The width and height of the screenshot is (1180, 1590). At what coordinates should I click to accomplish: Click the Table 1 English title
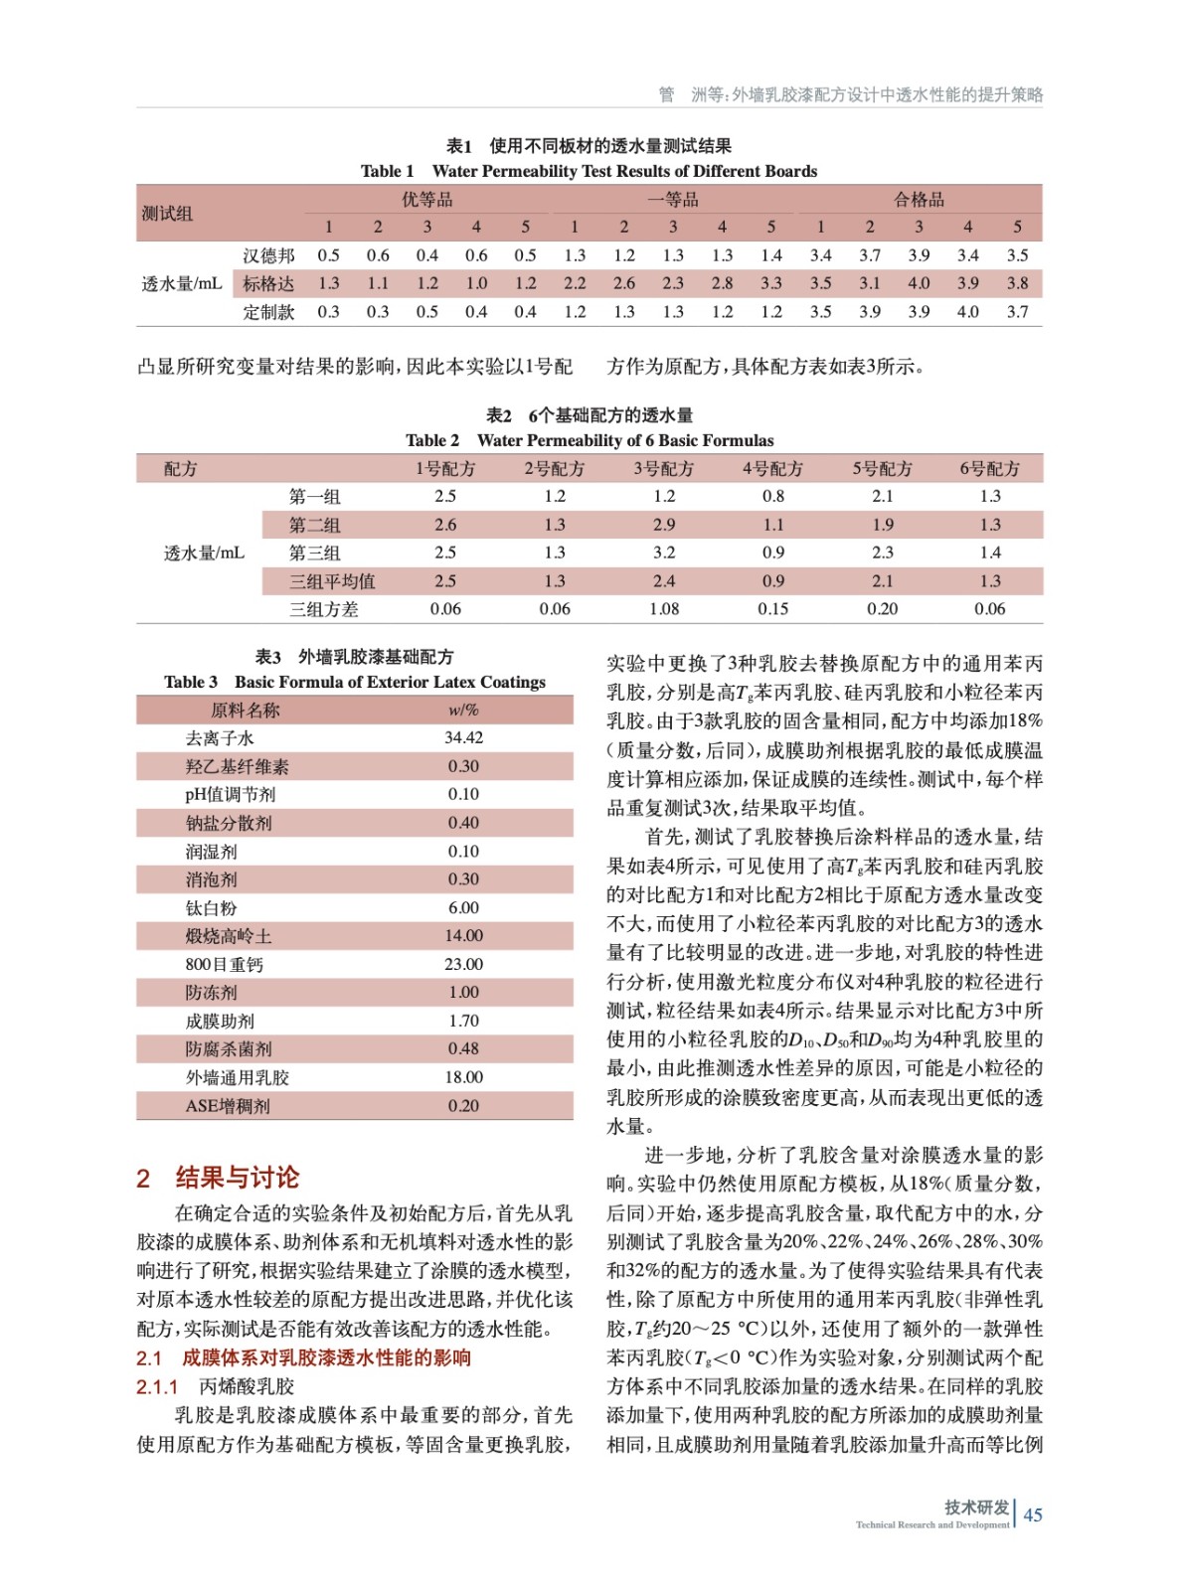pyautogui.click(x=589, y=171)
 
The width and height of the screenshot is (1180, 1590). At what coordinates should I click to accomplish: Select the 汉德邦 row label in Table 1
pyautogui.click(x=268, y=255)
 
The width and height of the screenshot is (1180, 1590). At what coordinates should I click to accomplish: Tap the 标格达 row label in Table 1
pyautogui.click(x=268, y=283)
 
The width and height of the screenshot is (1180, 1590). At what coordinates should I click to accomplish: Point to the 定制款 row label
pyautogui.click(x=268, y=312)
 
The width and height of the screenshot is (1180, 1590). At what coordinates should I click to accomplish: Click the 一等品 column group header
pyautogui.click(x=672, y=200)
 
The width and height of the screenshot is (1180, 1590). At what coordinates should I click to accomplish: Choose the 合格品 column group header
pyautogui.click(x=919, y=200)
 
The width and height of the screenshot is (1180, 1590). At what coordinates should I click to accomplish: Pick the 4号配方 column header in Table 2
pyautogui.click(x=772, y=468)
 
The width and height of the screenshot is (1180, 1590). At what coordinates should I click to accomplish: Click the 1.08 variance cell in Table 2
pyautogui.click(x=663, y=609)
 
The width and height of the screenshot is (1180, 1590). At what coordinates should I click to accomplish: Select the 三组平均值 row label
pyautogui.click(x=332, y=581)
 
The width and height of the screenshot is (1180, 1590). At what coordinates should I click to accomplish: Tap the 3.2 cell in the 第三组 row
pyautogui.click(x=663, y=553)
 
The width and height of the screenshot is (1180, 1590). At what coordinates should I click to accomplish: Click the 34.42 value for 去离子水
pyautogui.click(x=463, y=737)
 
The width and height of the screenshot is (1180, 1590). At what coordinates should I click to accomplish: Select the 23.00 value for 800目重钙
pyautogui.click(x=463, y=964)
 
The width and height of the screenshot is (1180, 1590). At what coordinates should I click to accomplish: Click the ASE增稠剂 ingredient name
pyautogui.click(x=228, y=1106)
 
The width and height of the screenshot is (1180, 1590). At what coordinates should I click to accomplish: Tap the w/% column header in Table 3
pyautogui.click(x=463, y=710)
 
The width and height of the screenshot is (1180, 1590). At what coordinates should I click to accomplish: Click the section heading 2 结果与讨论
pyautogui.click(x=218, y=1178)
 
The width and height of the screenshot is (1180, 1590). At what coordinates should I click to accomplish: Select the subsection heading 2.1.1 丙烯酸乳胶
pyautogui.click(x=216, y=1386)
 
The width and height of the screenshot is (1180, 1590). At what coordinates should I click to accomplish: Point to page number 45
pyautogui.click(x=1033, y=1514)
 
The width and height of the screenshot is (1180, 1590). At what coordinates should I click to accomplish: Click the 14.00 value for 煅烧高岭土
pyautogui.click(x=463, y=936)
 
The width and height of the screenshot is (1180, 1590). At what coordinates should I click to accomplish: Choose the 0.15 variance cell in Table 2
pyautogui.click(x=772, y=609)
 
